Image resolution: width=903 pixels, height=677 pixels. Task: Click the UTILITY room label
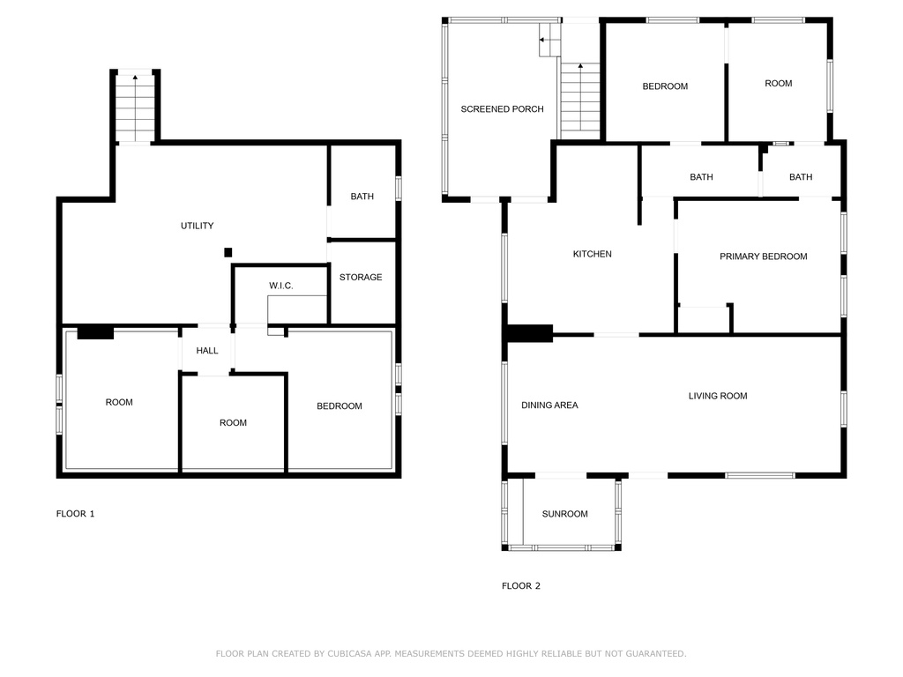[x=197, y=226]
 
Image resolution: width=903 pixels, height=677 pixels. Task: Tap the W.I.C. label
[x=281, y=286]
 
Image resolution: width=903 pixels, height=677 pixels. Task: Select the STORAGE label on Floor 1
[x=361, y=277]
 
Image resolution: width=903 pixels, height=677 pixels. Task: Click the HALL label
[x=206, y=350]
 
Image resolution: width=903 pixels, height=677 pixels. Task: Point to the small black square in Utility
[x=228, y=252]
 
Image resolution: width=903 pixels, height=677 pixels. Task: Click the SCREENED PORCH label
[x=502, y=108]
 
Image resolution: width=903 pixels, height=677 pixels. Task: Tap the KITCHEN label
[x=592, y=254]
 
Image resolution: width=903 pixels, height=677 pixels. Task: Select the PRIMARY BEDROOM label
[x=763, y=257]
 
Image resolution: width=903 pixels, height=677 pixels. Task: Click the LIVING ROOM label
[x=718, y=396]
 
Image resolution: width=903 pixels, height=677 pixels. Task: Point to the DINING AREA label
[x=549, y=405]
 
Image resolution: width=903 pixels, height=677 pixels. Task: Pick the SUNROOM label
[x=564, y=514]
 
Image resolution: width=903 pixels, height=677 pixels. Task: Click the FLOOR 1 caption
[x=75, y=514]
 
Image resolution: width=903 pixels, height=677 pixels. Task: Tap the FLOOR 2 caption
[x=520, y=585]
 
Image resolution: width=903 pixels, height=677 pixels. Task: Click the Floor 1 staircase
[x=135, y=108]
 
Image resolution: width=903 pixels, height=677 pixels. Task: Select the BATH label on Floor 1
[x=362, y=197]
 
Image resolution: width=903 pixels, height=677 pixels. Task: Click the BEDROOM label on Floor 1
[x=340, y=405]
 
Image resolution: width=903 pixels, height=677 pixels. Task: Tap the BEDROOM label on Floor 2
[x=665, y=86]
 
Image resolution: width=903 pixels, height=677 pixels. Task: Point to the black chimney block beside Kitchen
[x=530, y=334]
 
